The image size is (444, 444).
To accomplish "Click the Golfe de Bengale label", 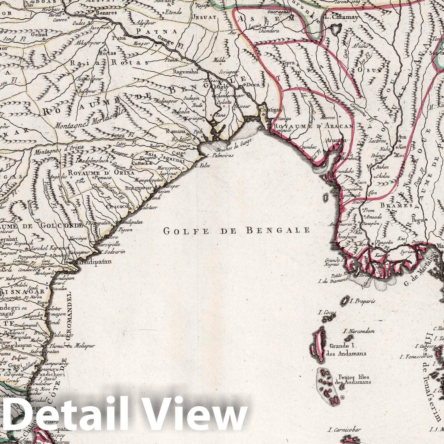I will coord(236,230).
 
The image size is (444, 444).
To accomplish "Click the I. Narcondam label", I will coord(359,331).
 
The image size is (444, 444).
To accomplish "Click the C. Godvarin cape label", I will coord(113,252).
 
